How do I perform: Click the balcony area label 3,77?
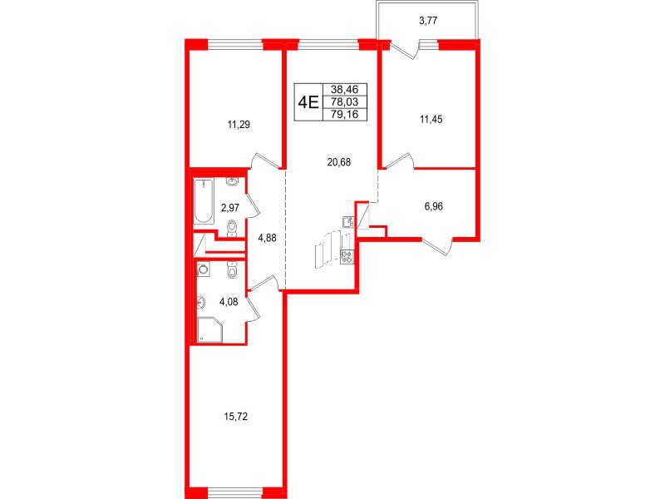point(428,20)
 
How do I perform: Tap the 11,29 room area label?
point(239,125)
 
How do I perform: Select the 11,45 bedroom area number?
point(431,120)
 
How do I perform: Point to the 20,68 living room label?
point(339,162)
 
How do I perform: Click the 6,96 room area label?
point(433,207)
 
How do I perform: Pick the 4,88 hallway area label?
point(267,238)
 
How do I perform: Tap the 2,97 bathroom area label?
point(230,208)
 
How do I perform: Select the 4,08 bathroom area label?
point(229,302)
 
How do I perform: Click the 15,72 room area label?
point(235,417)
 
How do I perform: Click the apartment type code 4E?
point(308,102)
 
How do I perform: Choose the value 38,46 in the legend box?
point(345,90)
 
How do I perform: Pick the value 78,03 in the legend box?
point(345,101)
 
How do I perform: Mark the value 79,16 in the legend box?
point(345,114)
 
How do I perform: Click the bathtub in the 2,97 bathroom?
point(204,201)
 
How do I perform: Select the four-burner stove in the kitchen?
point(347,256)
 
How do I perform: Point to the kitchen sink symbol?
point(348,222)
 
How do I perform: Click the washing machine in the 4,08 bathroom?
point(204,269)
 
